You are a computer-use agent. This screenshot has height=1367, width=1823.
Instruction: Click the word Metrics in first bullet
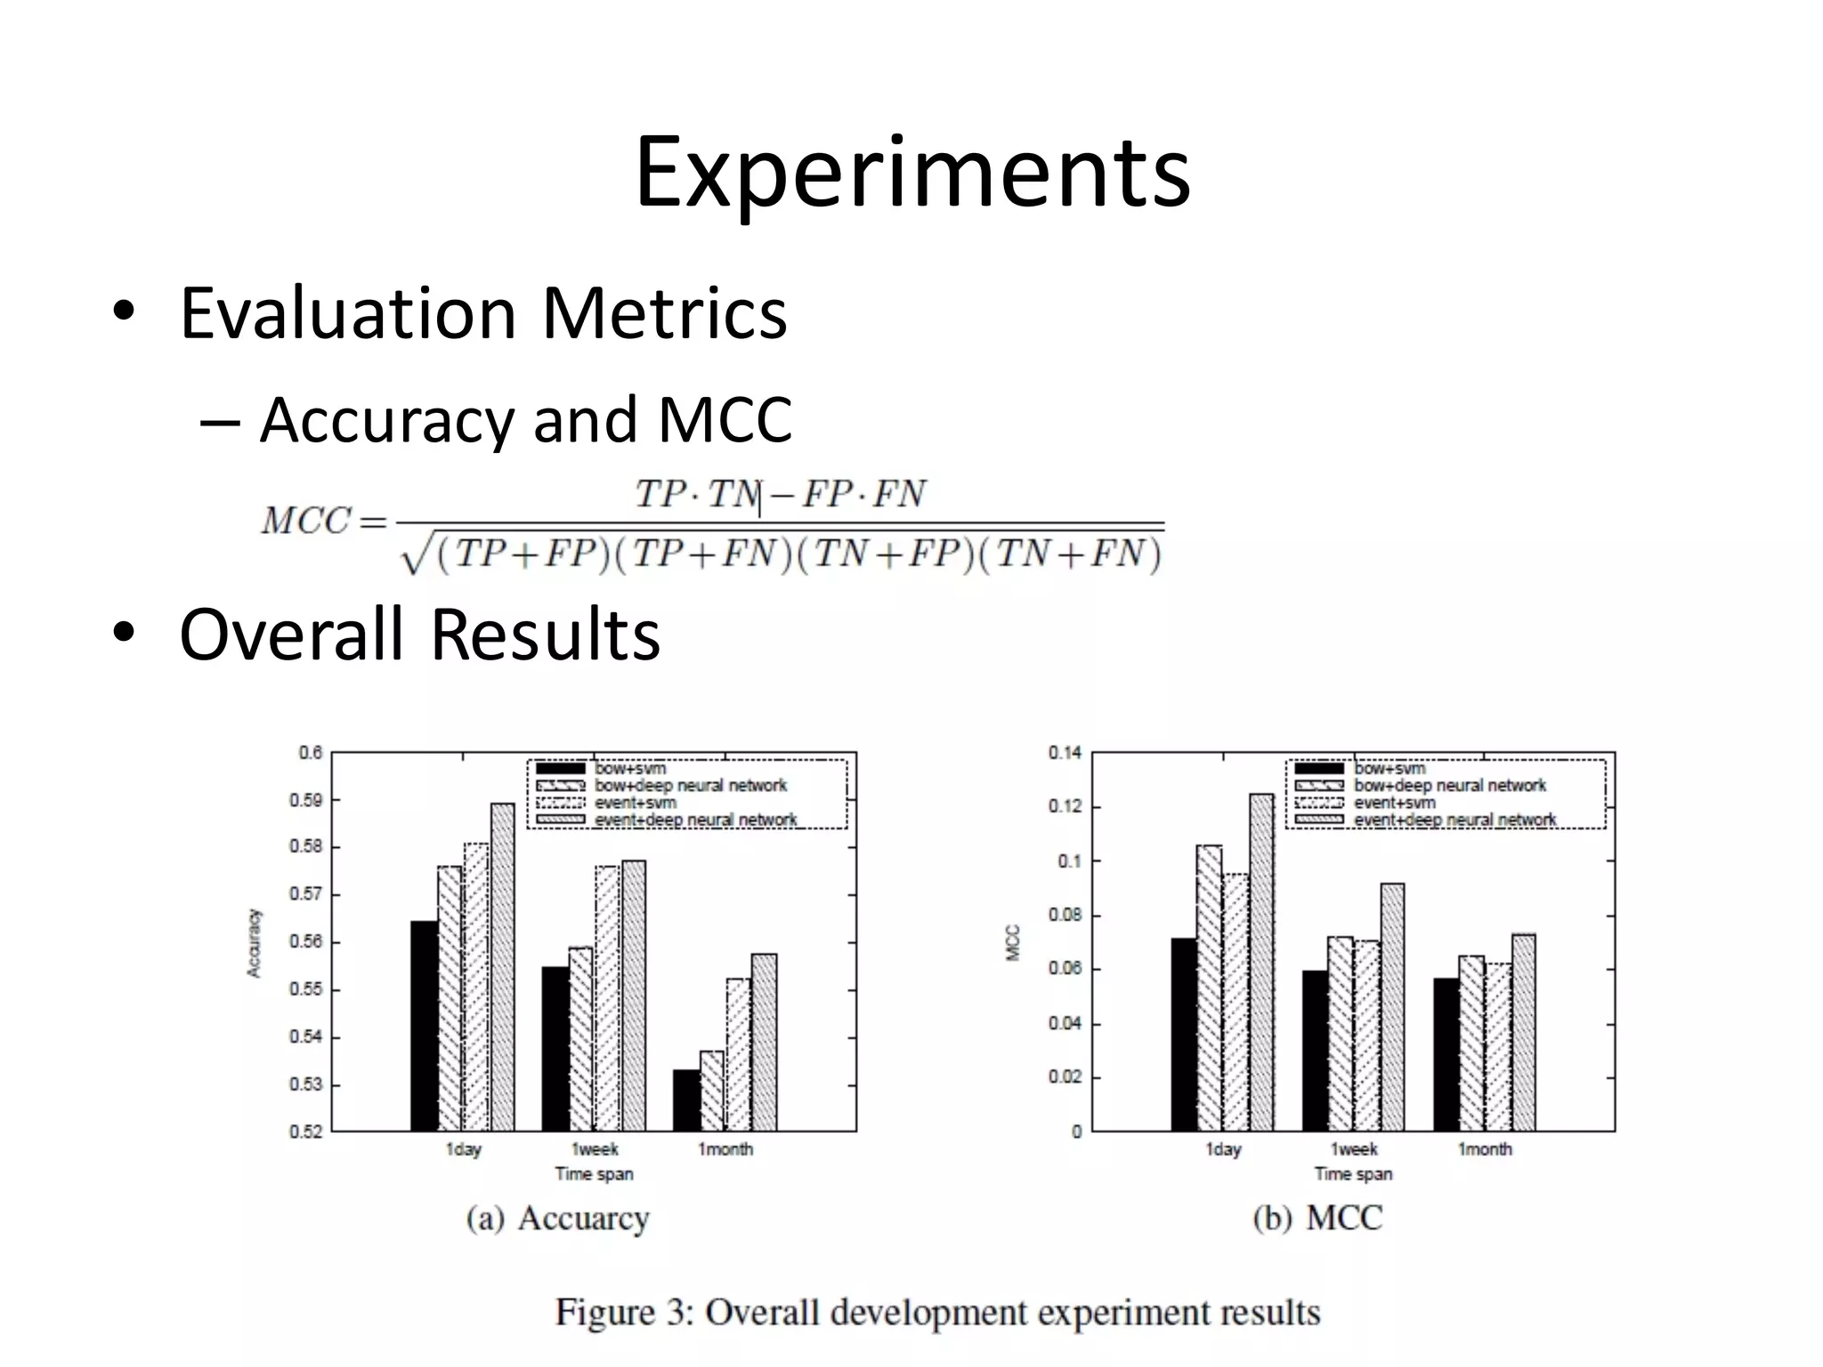(664, 313)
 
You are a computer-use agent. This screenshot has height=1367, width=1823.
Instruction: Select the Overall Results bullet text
(419, 634)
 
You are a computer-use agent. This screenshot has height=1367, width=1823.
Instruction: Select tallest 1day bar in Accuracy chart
(502, 966)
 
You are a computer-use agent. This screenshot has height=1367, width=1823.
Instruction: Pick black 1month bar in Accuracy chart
(685, 1100)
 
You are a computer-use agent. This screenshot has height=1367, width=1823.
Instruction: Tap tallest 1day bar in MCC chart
(1261, 961)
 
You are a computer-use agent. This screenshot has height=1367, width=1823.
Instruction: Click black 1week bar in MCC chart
(1314, 1050)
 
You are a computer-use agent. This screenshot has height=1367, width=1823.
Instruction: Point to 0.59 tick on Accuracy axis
(305, 800)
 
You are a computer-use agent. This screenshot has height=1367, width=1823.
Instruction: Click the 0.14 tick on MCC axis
(1065, 753)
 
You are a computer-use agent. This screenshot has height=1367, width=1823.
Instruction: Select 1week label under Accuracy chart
(594, 1149)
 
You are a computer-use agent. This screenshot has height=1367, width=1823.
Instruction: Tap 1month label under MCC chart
(1484, 1149)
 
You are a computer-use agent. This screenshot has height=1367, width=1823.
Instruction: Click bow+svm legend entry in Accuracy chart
(628, 768)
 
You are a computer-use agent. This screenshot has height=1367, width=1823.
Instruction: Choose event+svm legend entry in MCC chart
(1394, 803)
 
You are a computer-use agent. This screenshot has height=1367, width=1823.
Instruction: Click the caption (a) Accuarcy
(558, 1217)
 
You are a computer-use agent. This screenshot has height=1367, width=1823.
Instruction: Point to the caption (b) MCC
(1317, 1217)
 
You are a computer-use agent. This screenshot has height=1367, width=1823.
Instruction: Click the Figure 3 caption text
(937, 1312)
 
